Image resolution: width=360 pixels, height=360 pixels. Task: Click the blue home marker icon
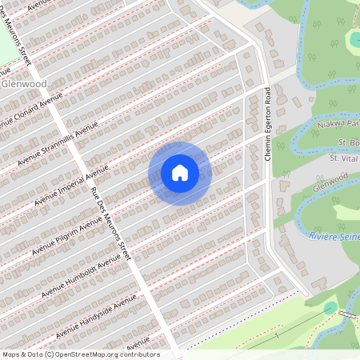click(180, 173)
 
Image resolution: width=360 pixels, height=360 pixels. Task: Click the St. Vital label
click(344, 158)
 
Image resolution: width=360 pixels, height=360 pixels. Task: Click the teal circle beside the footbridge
click(330, 308)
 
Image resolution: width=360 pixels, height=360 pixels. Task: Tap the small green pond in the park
click(353, 39)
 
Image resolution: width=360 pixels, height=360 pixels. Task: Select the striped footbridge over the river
click(347, 313)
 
